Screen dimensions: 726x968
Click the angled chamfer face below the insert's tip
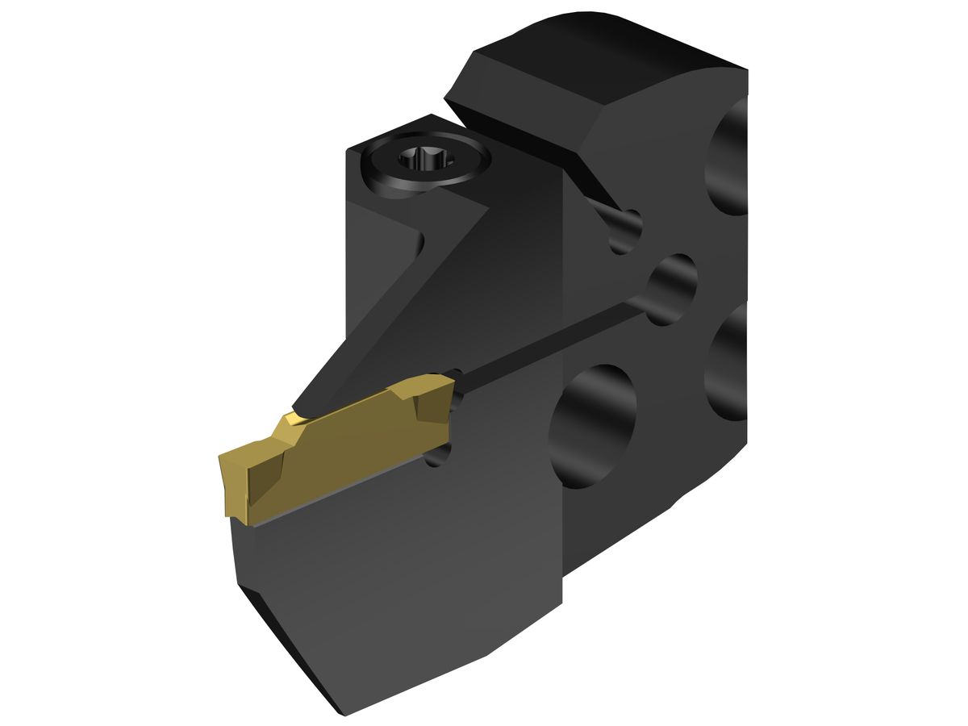click(x=282, y=637)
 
